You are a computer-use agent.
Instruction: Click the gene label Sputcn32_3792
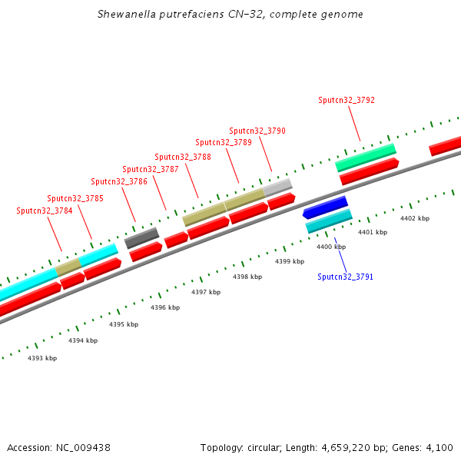coord(347,100)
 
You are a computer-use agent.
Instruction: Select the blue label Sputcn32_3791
coord(345,277)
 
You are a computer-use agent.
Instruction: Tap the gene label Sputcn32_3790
coord(257,131)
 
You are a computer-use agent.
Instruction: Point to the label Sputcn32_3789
coord(224,142)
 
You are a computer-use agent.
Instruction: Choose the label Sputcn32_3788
coord(183,157)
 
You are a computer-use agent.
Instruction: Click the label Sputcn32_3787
coord(151,169)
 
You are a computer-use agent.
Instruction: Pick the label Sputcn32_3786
coord(119,181)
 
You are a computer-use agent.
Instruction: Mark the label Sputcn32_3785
coord(75,198)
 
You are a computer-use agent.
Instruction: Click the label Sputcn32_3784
coord(44,211)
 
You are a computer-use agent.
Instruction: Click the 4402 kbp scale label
coord(415,219)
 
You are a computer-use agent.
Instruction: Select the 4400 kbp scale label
coord(331,247)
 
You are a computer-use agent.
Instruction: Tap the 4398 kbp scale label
coord(247,277)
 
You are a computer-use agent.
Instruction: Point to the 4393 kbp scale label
coord(42,358)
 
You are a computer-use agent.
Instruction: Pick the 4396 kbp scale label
coord(165,307)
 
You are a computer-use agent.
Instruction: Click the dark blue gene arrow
coord(325,207)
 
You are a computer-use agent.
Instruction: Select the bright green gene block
coord(365,157)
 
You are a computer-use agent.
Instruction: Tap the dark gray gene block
coord(141,237)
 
